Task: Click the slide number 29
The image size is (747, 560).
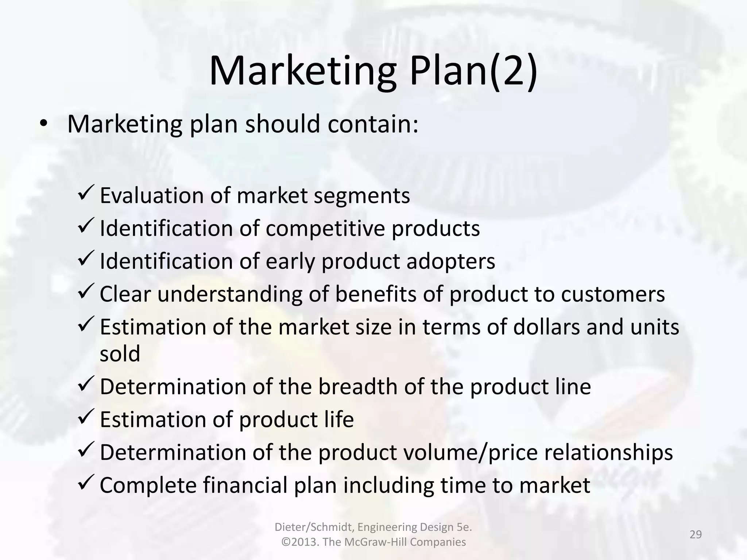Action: [696, 534]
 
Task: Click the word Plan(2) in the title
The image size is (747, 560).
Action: [473, 71]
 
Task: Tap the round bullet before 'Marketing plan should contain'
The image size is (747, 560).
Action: [43, 124]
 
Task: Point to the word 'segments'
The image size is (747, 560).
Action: [362, 196]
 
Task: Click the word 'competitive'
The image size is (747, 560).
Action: [325, 229]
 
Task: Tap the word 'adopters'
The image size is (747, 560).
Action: [451, 261]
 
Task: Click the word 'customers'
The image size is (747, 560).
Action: [613, 294]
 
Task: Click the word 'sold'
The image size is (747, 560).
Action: [120, 354]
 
